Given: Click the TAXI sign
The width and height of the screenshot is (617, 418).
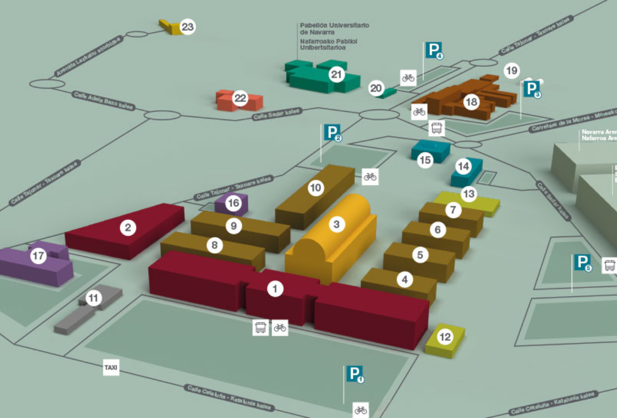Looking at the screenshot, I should (x=111, y=368).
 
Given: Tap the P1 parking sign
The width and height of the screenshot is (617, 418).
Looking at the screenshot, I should (x=355, y=374).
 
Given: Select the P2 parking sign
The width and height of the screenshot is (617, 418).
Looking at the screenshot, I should (x=332, y=133).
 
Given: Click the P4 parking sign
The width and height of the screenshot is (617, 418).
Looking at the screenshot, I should (x=434, y=50).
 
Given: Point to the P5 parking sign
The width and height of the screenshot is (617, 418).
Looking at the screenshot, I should (x=582, y=262).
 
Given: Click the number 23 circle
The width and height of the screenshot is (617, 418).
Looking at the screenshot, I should (x=187, y=27).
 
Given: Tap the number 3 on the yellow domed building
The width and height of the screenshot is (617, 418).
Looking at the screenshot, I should (x=336, y=225).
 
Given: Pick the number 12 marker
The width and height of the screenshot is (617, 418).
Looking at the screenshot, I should (x=445, y=337).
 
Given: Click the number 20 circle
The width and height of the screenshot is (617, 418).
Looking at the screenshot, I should (x=376, y=89).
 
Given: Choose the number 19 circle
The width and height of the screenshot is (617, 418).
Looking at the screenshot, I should (x=512, y=70).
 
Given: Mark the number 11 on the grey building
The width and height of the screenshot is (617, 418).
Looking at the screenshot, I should (x=93, y=298).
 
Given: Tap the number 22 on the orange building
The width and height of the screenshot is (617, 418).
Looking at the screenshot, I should (x=241, y=99).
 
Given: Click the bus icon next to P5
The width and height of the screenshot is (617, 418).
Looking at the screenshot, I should (x=610, y=266).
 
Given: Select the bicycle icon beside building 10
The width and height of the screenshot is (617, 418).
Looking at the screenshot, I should (x=370, y=176).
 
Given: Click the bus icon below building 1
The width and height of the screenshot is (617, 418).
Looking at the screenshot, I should (x=260, y=327).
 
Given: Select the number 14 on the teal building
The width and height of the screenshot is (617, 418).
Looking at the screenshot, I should (x=463, y=166).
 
